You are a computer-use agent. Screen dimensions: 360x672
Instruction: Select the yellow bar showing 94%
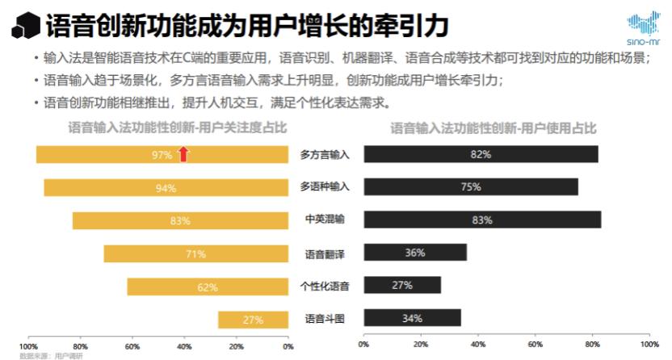pyautogui.click(x=166, y=187)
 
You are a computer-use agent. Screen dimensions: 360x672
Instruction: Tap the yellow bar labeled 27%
pyautogui.click(x=253, y=320)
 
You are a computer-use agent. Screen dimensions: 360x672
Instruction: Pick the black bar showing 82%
pyautogui.click(x=481, y=154)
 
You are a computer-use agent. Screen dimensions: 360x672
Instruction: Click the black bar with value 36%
pyautogui.click(x=415, y=253)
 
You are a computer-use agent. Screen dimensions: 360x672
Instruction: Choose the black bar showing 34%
pyautogui.click(x=412, y=318)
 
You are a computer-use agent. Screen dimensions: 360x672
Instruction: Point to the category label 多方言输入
pyautogui.click(x=325, y=154)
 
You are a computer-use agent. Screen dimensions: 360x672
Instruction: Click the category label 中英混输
pyautogui.click(x=325, y=220)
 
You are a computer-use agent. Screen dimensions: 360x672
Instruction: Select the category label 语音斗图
pyautogui.click(x=325, y=319)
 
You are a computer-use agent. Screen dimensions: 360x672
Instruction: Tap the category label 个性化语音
pyautogui.click(x=325, y=286)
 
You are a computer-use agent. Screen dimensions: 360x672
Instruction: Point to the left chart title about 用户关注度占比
pyautogui.click(x=177, y=128)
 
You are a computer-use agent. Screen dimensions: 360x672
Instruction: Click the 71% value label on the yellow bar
pyautogui.click(x=195, y=253)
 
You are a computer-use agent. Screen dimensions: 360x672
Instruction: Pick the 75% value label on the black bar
pyautogui.click(x=471, y=187)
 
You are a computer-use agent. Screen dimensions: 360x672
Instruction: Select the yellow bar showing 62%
pyautogui.click(x=208, y=287)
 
